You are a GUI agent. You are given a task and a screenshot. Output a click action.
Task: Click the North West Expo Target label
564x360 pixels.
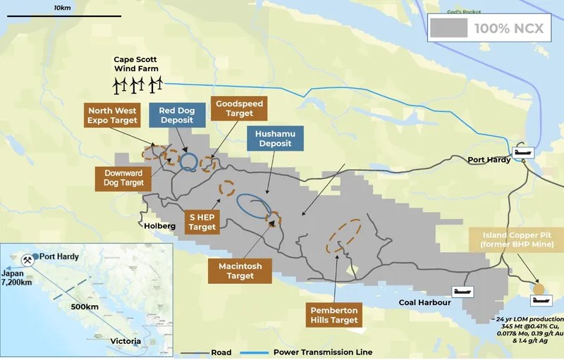pyautogui.click(x=112, y=115)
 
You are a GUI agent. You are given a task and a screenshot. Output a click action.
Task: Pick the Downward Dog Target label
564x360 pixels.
pyautogui.click(x=123, y=178)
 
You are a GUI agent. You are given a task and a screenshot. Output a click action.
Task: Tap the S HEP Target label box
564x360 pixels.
pyautogui.click(x=202, y=221)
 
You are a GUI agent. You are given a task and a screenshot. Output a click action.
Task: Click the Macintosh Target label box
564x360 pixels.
pyautogui.click(x=240, y=271)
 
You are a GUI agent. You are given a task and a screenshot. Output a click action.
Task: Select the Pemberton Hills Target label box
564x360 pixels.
pyautogui.click(x=335, y=315)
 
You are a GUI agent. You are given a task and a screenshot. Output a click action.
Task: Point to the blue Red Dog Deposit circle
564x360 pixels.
pyautogui.click(x=188, y=163)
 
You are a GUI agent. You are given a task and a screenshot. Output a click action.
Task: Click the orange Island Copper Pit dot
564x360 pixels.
pyautogui.click(x=539, y=288)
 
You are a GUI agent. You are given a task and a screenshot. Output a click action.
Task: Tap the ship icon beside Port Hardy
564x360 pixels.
pyautogui.click(x=524, y=151)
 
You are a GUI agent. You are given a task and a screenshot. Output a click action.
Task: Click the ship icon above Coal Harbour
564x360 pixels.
pyautogui.click(x=462, y=291)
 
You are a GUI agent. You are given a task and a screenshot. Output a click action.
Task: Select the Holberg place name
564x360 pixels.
pyautogui.click(x=159, y=226)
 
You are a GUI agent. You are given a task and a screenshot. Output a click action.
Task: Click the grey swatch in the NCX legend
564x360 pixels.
pyautogui.click(x=449, y=28)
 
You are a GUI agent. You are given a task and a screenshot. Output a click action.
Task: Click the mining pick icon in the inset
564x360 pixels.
pyautogui.click(x=29, y=259)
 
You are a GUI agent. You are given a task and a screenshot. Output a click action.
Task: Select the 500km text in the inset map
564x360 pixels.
pyautogui.click(x=84, y=308)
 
